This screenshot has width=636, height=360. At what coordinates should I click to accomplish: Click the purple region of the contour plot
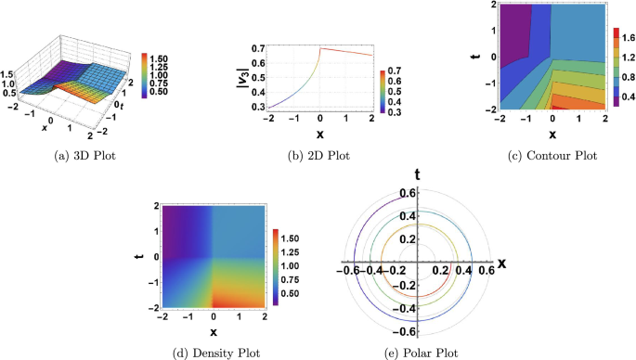(x=506, y=37)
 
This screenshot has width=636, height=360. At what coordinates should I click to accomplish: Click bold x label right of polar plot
(x=502, y=263)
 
